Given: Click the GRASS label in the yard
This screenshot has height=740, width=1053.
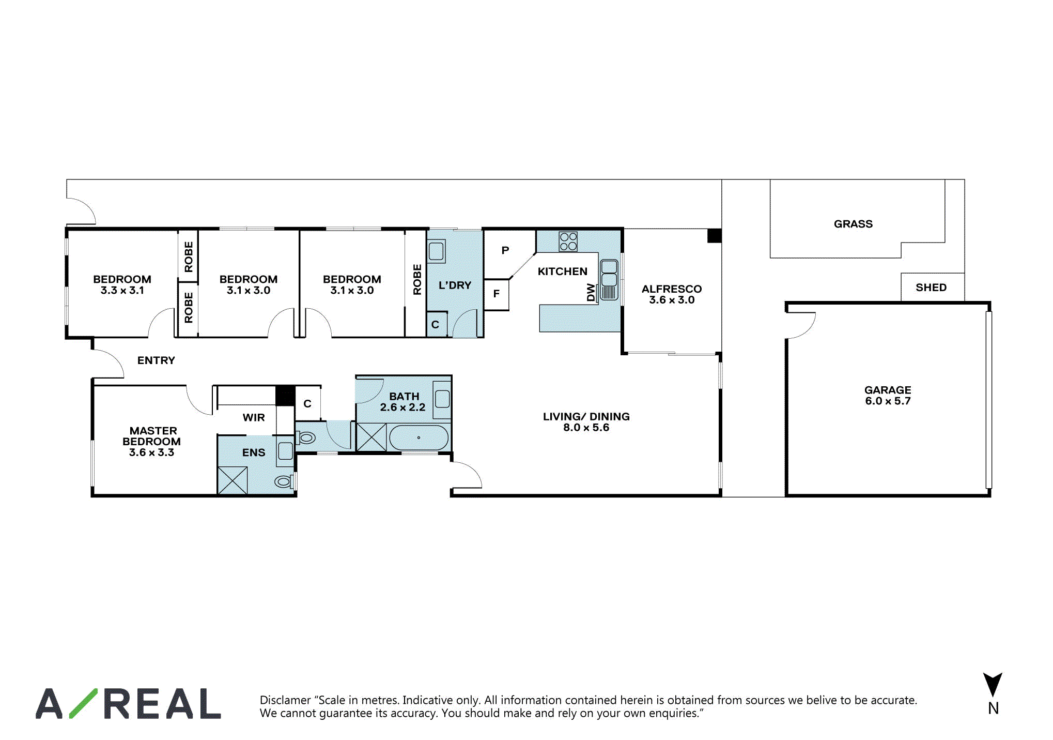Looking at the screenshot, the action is (853, 224).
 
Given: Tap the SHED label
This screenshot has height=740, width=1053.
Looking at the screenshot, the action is (931, 288).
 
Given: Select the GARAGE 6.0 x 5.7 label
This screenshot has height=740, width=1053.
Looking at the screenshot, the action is (888, 395).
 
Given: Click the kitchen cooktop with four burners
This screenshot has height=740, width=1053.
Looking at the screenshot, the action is (568, 241).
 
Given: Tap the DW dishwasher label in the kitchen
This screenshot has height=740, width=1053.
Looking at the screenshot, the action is (591, 292).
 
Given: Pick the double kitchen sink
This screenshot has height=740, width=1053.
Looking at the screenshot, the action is (609, 279).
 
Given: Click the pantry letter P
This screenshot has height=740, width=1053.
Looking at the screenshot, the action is (505, 250).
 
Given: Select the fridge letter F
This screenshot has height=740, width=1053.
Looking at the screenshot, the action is (497, 294).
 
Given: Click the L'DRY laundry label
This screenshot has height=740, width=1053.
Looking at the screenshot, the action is (455, 285).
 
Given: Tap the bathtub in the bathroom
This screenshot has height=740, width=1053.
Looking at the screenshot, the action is (419, 438).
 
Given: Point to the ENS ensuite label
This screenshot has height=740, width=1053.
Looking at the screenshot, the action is (254, 452).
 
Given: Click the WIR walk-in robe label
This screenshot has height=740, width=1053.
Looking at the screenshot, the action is (254, 417).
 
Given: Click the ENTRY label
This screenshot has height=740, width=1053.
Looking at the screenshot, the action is (156, 360).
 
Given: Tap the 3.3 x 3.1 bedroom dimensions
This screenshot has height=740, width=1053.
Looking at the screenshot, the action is (122, 290).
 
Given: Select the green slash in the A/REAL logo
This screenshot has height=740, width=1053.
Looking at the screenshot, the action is (83, 703).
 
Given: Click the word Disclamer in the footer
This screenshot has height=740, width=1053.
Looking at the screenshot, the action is (285, 700).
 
